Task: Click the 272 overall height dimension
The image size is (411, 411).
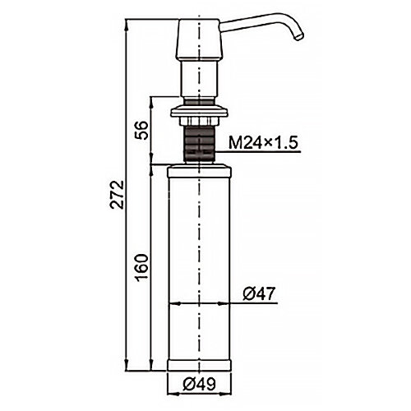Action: click(117, 195)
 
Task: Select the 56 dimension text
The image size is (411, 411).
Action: click(142, 131)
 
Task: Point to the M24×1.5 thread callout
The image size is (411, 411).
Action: click(263, 143)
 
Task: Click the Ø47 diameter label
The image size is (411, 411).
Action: click(258, 294)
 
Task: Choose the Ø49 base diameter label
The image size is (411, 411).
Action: click(199, 384)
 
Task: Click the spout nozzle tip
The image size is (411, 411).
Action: click(299, 37)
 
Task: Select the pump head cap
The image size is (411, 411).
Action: click(199, 40)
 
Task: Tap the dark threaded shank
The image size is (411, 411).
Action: click(199, 145)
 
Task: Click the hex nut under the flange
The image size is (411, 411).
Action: click(199, 121)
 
